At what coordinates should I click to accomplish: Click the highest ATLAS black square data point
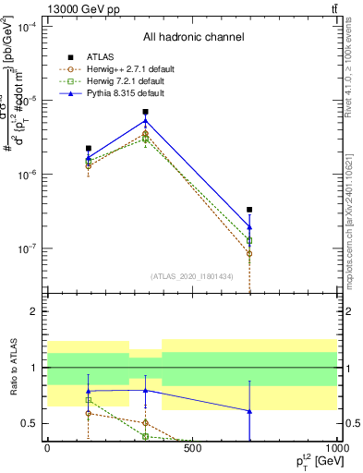coord(146,112)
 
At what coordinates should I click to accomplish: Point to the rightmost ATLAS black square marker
coord(249,210)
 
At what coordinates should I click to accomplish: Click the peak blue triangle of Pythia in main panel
coord(146,121)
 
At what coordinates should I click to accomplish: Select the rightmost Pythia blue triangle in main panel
coord(249,226)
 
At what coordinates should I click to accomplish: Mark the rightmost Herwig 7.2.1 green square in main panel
coord(249,240)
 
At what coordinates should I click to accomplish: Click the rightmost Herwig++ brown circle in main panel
coord(249,253)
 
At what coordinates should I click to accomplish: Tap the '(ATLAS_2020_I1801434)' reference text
coord(192,276)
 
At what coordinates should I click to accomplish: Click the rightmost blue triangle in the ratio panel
coord(249,411)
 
